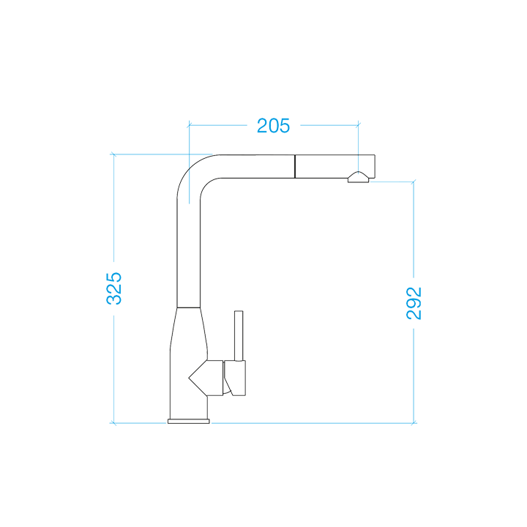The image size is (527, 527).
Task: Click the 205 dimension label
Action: (273, 126)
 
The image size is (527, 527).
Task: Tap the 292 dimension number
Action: (414, 302)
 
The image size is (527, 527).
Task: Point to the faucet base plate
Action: (189, 422)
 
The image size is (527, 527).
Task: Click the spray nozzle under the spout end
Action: (358, 178)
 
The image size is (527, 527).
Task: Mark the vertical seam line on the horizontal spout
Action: (295, 165)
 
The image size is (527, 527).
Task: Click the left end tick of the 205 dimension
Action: (189, 125)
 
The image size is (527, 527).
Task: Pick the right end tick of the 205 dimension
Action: (358, 125)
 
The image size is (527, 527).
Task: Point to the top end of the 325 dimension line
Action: (114, 154)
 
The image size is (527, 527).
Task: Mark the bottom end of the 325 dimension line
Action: (114, 423)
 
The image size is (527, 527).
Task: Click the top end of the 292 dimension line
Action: (414, 182)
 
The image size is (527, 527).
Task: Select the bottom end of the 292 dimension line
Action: (414, 423)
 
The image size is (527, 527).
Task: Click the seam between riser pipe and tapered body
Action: (189, 307)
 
